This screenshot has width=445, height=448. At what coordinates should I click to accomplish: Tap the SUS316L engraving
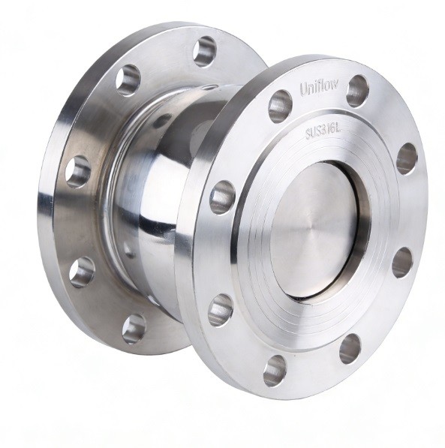coord(323,132)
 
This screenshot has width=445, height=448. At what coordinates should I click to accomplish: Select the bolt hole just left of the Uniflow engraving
coord(280,107)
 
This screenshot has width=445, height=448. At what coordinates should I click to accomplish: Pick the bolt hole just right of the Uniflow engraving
coord(357,91)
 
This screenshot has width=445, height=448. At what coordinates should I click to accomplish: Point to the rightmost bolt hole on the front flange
coord(407,159)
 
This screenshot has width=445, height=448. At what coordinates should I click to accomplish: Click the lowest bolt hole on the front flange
coord(275,371)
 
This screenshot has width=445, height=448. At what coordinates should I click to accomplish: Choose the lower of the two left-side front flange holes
coord(221,310)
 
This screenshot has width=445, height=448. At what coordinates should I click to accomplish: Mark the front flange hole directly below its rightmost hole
coord(401,263)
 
